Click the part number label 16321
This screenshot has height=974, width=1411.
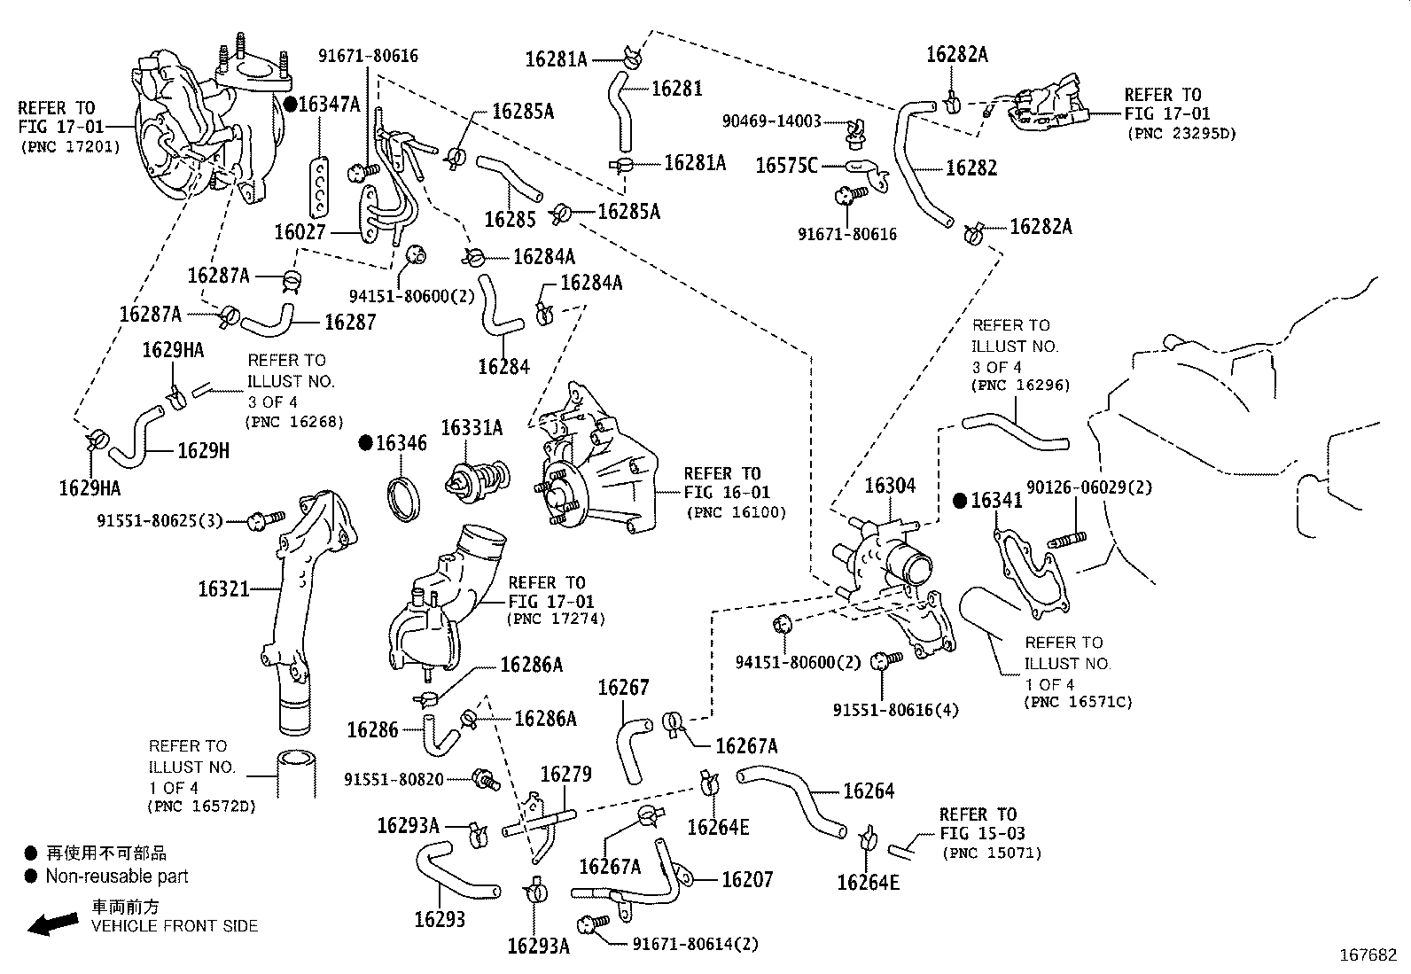click(223, 588)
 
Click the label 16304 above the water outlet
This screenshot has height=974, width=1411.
click(889, 486)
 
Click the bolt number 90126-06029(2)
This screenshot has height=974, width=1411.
click(1089, 487)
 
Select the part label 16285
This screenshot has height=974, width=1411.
click(510, 218)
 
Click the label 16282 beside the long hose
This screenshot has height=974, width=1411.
click(971, 168)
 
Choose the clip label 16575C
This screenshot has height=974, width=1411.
click(786, 165)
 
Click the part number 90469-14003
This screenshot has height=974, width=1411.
click(771, 121)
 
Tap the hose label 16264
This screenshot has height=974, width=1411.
click(868, 791)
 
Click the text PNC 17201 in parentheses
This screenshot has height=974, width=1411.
click(69, 147)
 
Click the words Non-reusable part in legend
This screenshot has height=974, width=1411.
click(117, 877)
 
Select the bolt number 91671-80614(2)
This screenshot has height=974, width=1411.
click(695, 945)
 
